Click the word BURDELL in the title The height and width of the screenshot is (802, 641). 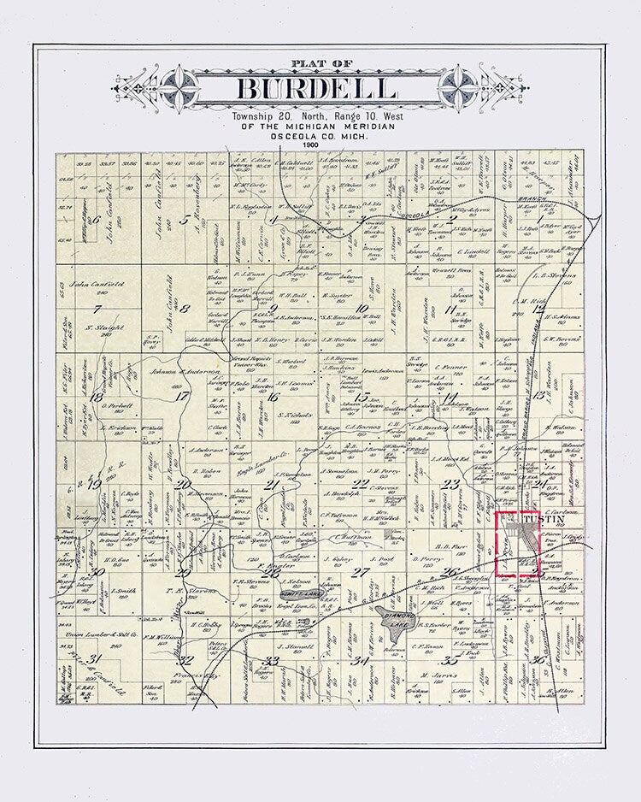(x=316, y=89)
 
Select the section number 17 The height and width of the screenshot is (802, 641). (x=180, y=395)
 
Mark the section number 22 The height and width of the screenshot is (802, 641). (x=362, y=484)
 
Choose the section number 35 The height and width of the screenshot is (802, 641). (x=448, y=660)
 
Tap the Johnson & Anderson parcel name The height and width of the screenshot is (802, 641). (x=181, y=370)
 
